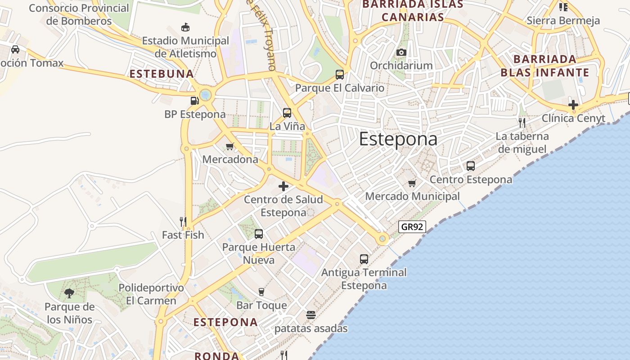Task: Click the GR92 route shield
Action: tap(412, 227)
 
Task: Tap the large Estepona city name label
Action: tap(398, 139)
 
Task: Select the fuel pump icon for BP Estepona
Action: tap(194, 101)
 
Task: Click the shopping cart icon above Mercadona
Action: tap(230, 146)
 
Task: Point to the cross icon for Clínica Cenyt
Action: tap(573, 105)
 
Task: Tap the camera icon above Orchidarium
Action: tap(401, 52)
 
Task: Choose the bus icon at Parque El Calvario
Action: tap(340, 74)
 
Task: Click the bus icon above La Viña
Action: tap(287, 113)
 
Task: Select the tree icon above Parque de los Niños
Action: tap(69, 293)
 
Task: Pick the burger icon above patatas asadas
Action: tap(311, 315)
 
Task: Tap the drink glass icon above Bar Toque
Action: tap(261, 292)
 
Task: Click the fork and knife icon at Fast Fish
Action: tap(183, 221)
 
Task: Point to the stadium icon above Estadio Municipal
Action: tap(185, 27)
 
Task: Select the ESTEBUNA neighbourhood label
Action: tap(162, 74)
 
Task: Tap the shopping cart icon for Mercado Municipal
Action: tap(412, 183)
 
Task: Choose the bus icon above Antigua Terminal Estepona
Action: tap(364, 259)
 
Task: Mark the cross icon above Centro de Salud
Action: tap(283, 186)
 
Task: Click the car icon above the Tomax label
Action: tap(15, 49)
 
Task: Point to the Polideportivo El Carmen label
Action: tap(151, 294)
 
